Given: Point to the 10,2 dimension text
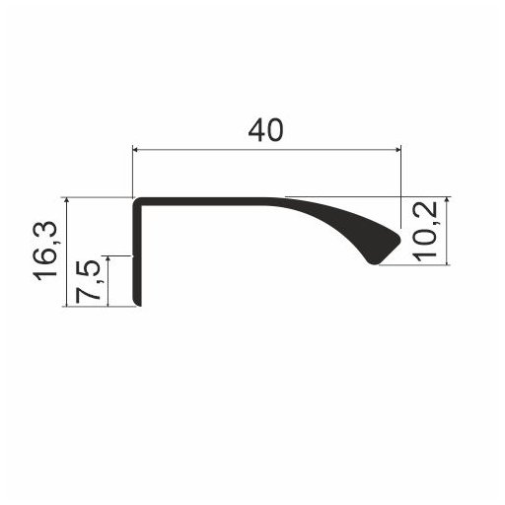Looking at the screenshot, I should click(x=427, y=231).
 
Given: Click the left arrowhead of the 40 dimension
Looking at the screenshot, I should click(x=136, y=150).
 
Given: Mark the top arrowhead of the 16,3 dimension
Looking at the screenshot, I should click(x=66, y=201).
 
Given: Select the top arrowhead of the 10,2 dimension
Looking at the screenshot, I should click(x=448, y=201).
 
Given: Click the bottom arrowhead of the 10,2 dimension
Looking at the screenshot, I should click(x=448, y=260).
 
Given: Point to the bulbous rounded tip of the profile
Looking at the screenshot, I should click(x=383, y=246).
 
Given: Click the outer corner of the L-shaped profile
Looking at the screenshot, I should click(x=136, y=200).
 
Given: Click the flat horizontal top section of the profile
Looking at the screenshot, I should click(x=207, y=201).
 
